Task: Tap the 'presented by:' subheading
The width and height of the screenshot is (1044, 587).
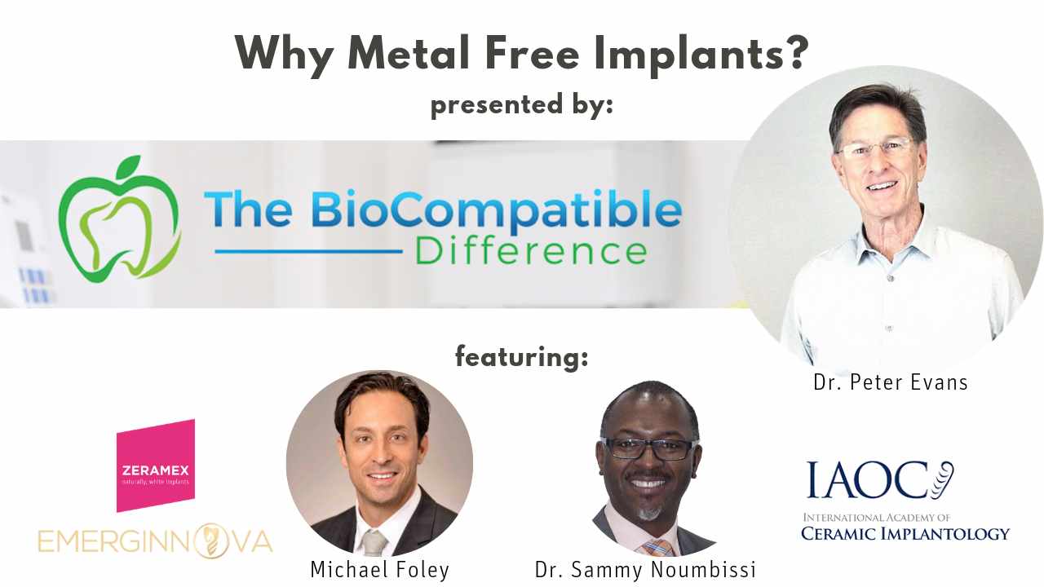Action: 521,105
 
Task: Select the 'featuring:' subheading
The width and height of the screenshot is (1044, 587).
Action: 521,356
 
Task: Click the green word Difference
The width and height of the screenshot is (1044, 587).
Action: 531,250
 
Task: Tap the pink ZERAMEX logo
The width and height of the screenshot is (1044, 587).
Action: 155,466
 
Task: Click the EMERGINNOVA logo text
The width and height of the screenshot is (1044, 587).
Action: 155,541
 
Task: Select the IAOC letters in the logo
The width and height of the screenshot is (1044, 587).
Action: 868,481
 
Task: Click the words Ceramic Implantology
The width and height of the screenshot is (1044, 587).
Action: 905,534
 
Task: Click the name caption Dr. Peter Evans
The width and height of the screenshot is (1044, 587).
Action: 890,382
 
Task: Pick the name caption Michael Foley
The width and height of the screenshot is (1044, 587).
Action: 379,569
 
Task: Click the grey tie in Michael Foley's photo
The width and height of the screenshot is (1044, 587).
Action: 374,543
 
